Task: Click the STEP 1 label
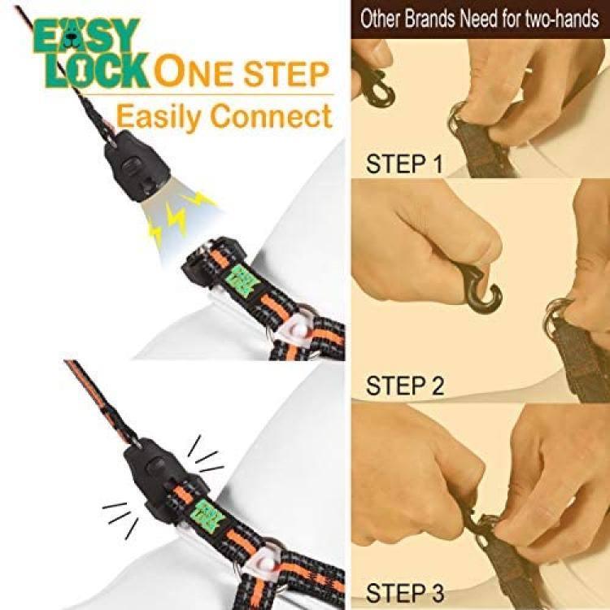pos(403,163)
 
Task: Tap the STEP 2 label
pos(404,386)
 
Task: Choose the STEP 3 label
pos(404,593)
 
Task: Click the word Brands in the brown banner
pos(430,19)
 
